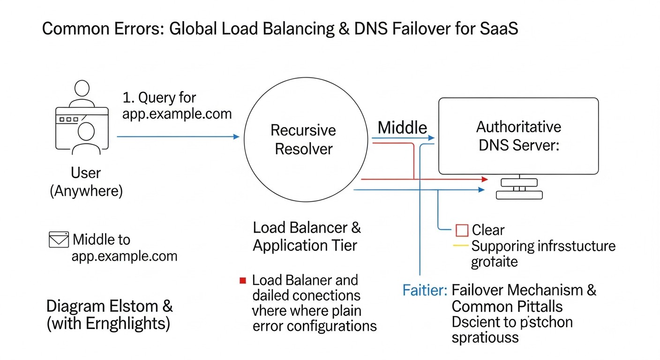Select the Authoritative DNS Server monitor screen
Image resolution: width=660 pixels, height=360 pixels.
[518, 136]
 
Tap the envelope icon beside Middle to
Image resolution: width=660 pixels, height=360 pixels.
[59, 240]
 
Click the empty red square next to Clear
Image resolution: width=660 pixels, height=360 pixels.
[462, 230]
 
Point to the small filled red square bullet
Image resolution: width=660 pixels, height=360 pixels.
[242, 281]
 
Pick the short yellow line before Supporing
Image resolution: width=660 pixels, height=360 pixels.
[461, 246]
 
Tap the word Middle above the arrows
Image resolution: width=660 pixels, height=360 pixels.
[402, 127]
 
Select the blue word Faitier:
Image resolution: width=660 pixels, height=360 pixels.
[425, 290]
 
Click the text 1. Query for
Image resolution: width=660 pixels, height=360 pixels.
[159, 98]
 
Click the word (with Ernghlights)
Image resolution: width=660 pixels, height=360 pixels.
[108, 324]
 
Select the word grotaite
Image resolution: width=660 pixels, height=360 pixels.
[495, 261]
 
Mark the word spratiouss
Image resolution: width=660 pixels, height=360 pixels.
[485, 337]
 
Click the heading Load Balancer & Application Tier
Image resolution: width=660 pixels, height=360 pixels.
[307, 236]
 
